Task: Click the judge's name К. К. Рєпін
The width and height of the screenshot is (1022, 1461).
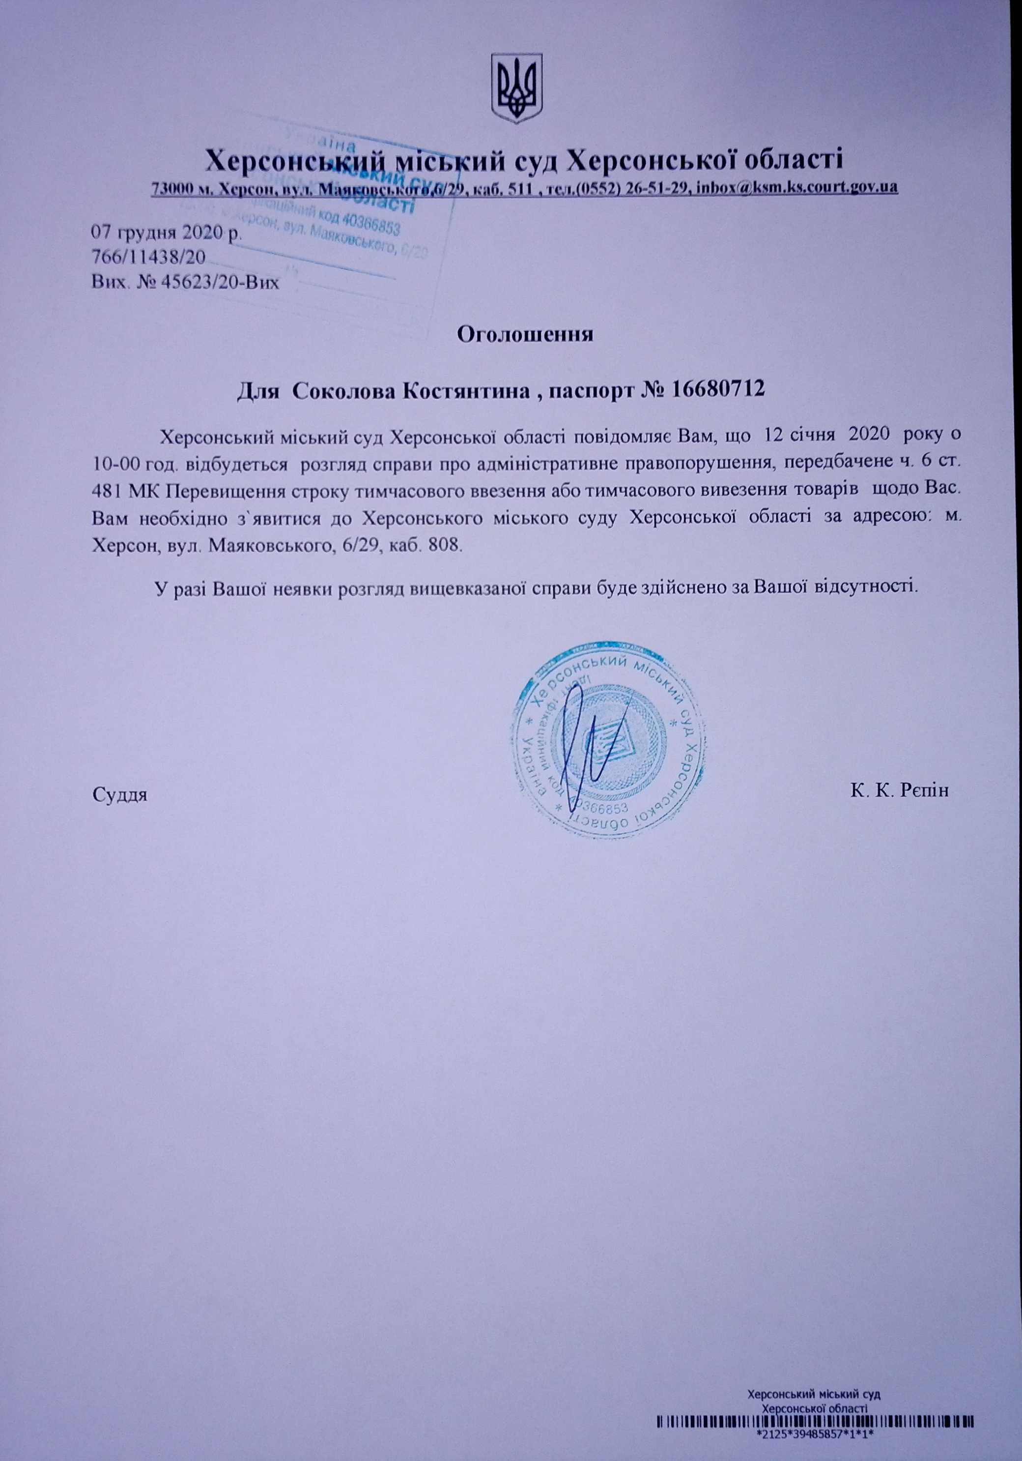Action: coord(899,791)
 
